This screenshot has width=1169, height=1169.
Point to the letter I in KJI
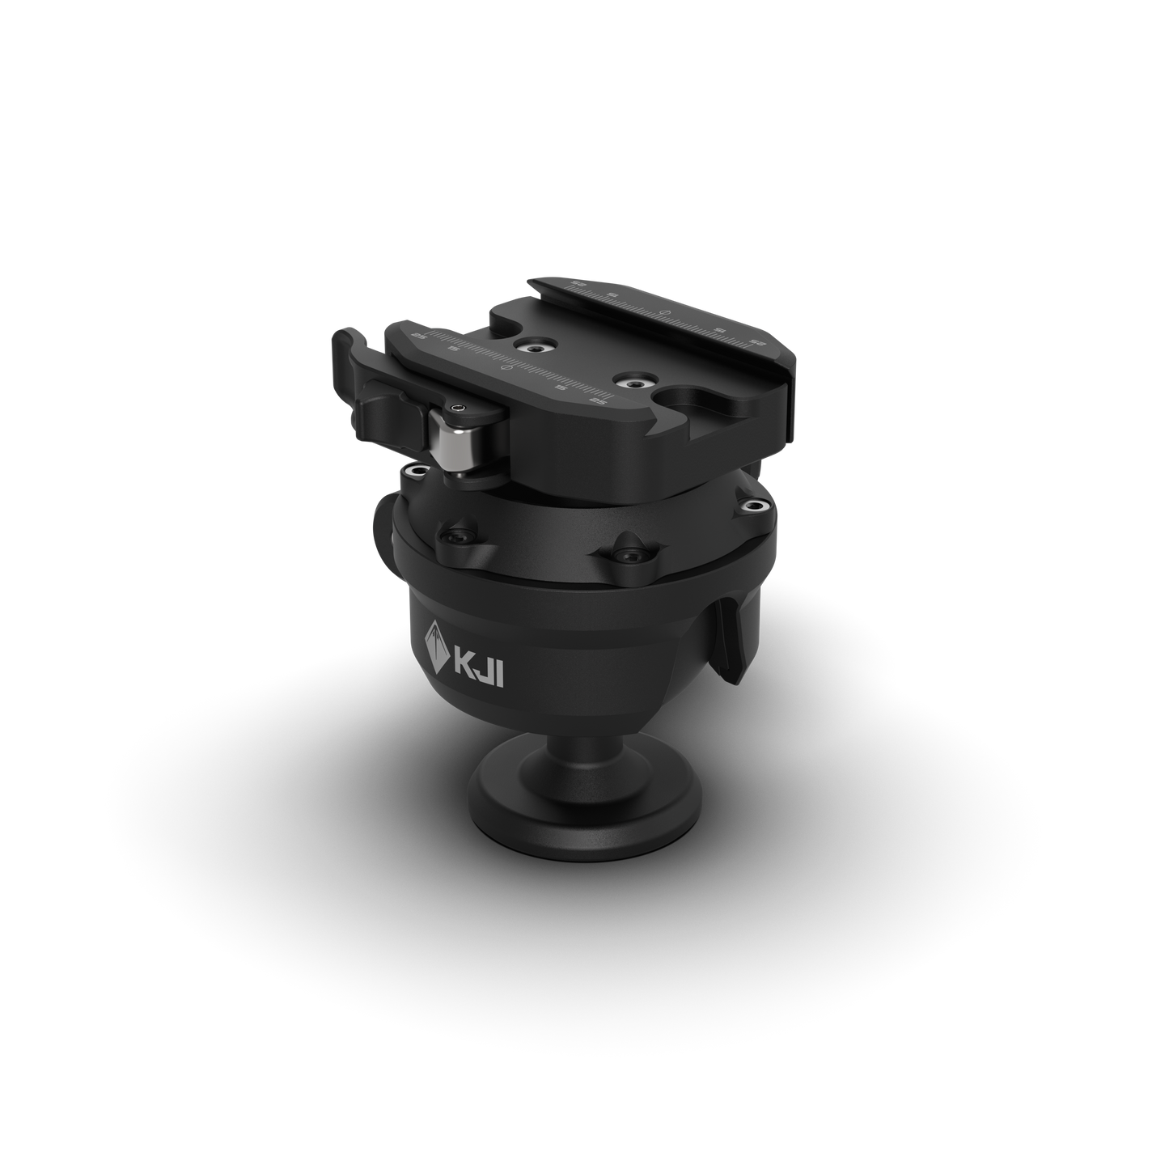[500, 676]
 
